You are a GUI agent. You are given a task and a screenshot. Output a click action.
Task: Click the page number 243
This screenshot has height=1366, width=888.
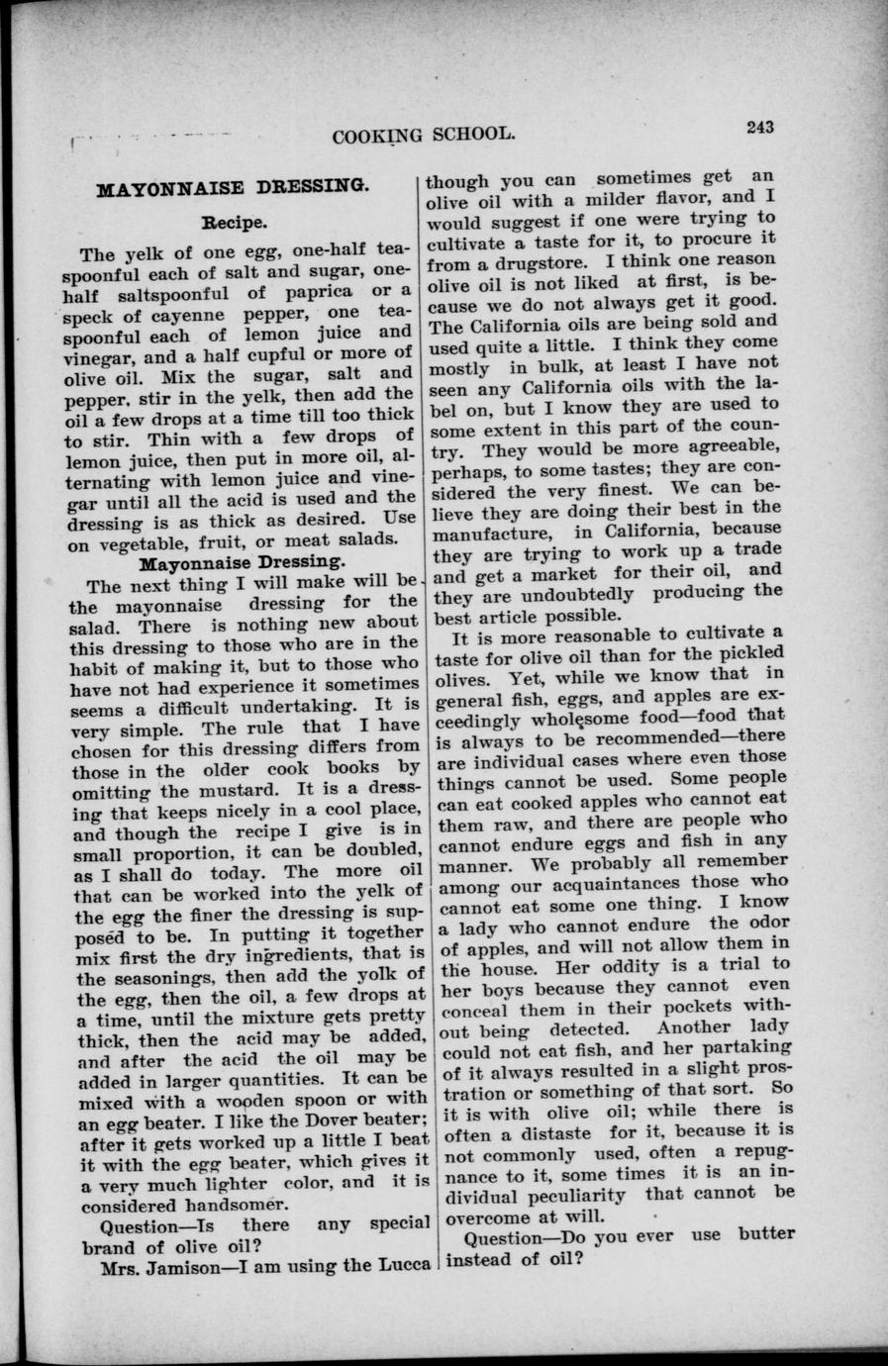click(760, 126)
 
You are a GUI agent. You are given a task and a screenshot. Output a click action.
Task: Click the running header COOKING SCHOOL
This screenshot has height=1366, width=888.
click(424, 136)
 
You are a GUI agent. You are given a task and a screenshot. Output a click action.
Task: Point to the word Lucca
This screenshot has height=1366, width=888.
click(397, 1266)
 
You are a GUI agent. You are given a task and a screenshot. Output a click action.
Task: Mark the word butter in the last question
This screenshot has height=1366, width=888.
click(766, 1234)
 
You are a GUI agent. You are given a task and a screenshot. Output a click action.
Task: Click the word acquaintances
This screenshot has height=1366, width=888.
click(620, 882)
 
